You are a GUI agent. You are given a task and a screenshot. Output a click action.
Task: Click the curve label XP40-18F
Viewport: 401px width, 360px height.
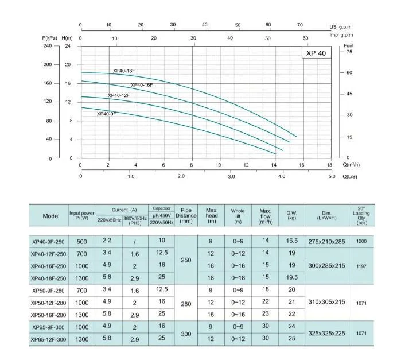click(124, 71)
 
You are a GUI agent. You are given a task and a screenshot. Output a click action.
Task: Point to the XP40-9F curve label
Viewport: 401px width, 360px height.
click(107, 114)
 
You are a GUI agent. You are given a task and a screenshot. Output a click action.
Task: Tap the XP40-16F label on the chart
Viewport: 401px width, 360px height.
click(142, 85)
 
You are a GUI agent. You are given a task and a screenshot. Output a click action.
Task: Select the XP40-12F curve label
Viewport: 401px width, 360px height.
click(119, 95)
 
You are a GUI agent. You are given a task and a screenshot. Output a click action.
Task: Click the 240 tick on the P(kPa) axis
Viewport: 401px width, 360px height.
click(48, 46)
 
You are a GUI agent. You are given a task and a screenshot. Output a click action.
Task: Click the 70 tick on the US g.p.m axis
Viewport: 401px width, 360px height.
click(300, 25)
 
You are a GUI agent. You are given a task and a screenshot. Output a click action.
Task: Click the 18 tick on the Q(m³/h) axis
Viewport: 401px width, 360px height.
click(329, 165)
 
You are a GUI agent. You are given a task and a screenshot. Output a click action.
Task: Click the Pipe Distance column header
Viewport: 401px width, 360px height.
click(185, 216)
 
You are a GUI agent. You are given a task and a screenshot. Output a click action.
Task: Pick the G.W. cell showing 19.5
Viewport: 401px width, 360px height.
click(292, 277)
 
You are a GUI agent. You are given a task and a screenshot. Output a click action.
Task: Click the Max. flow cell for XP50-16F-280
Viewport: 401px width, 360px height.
click(265, 315)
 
